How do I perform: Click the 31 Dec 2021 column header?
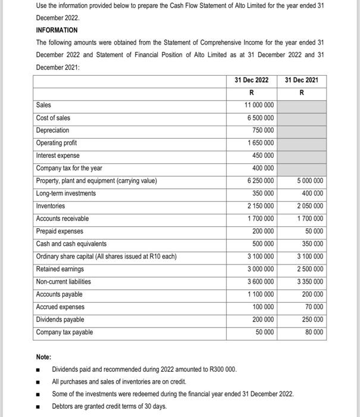pyautogui.click(x=302, y=80)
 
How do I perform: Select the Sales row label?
pyautogui.click(x=43, y=105)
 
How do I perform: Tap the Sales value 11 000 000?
pyautogui.click(x=259, y=105)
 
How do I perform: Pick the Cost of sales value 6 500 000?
pyautogui.click(x=261, y=118)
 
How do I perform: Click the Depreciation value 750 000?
pyautogui.click(x=263, y=130)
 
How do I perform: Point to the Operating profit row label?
pyautogui.click(x=56, y=143)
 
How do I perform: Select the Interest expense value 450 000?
pyautogui.click(x=263, y=155)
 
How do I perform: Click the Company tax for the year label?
pyautogui.click(x=69, y=168)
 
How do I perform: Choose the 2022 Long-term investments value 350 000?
pyautogui.click(x=263, y=194)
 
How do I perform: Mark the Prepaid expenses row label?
pyautogui.click(x=60, y=231)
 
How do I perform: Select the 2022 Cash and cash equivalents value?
pyautogui.click(x=263, y=244)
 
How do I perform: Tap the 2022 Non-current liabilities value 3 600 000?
pyautogui.click(x=261, y=282)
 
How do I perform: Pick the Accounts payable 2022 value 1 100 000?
pyautogui.click(x=261, y=294)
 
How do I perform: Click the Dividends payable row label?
pyautogui.click(x=60, y=319)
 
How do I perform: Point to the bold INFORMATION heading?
pyautogui.click(x=57, y=30)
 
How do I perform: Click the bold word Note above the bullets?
pyautogui.click(x=43, y=357)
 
